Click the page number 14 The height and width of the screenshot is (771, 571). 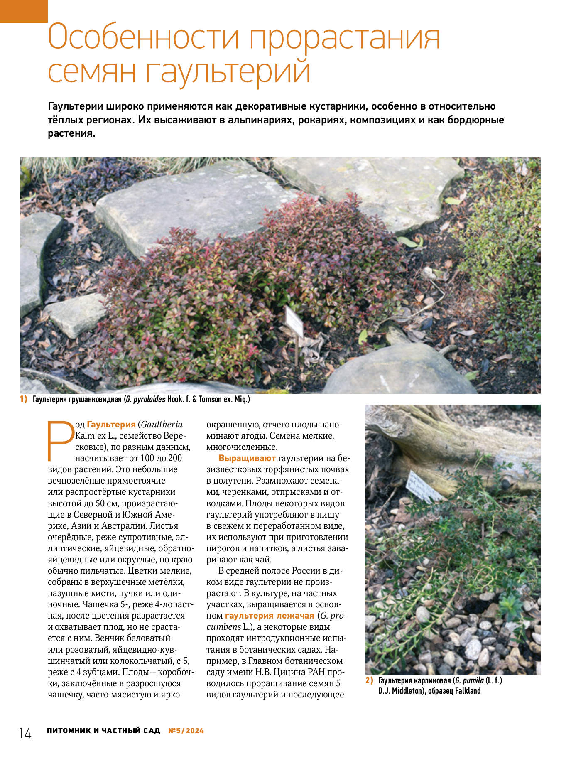(25, 733)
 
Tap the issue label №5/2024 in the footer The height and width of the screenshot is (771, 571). (186, 731)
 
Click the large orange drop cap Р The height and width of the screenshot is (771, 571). (60, 441)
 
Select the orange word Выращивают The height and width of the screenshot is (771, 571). (247, 458)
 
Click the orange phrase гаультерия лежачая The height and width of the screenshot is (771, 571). (270, 616)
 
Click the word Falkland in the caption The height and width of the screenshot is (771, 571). (468, 691)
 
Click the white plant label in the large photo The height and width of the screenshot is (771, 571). (294, 321)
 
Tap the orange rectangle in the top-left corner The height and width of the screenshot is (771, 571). (24, 11)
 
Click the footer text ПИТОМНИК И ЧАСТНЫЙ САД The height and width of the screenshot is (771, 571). (103, 731)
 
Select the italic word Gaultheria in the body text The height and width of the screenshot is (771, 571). (162, 425)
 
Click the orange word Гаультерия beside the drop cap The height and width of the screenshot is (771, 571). (111, 425)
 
